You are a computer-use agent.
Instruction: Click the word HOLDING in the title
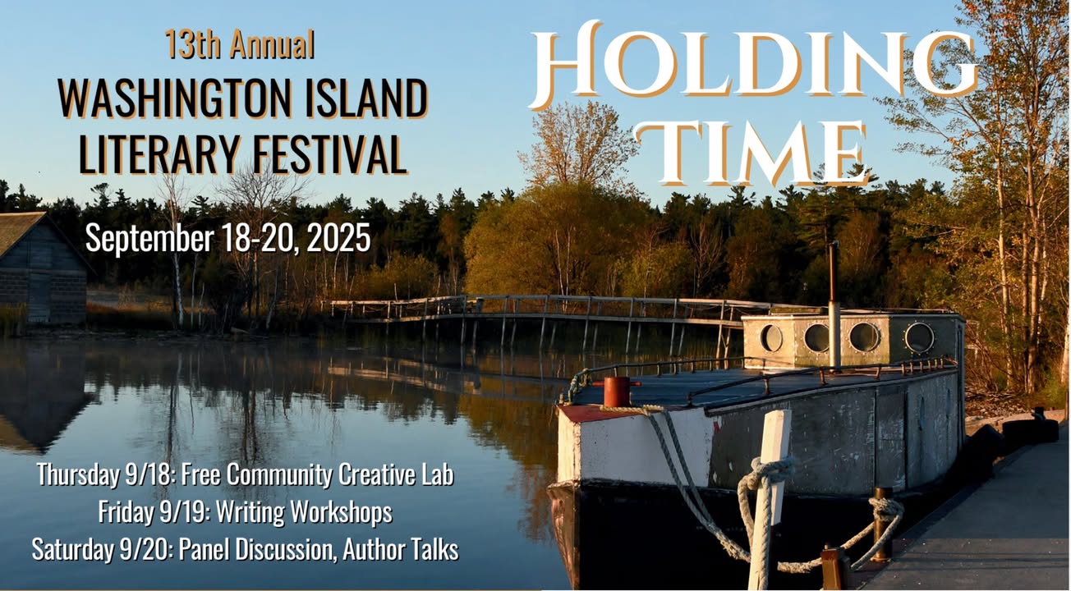pyautogui.click(x=755, y=65)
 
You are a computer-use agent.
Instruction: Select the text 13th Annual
pyautogui.click(x=240, y=44)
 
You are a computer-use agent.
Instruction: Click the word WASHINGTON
pyautogui.click(x=174, y=98)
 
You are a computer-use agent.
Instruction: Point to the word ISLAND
pyautogui.click(x=365, y=98)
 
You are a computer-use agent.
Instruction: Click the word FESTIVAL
pyautogui.click(x=329, y=153)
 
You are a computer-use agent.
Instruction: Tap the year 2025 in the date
pyautogui.click(x=338, y=238)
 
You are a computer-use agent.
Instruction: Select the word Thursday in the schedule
pyautogui.click(x=77, y=475)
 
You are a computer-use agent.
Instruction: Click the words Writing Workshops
pyautogui.click(x=304, y=511)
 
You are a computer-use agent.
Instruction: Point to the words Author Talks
pyautogui.click(x=401, y=549)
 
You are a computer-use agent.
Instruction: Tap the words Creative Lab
pyautogui.click(x=396, y=474)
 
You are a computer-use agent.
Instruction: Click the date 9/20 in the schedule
pyautogui.click(x=145, y=549)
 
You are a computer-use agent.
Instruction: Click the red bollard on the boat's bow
pyautogui.click(x=617, y=392)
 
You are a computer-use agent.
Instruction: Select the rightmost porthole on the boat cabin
pyautogui.click(x=919, y=337)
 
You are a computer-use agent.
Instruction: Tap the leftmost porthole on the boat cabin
pyautogui.click(x=771, y=338)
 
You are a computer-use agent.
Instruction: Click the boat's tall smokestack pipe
pyautogui.click(x=834, y=306)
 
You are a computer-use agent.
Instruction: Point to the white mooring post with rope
pyautogui.click(x=769, y=497)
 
